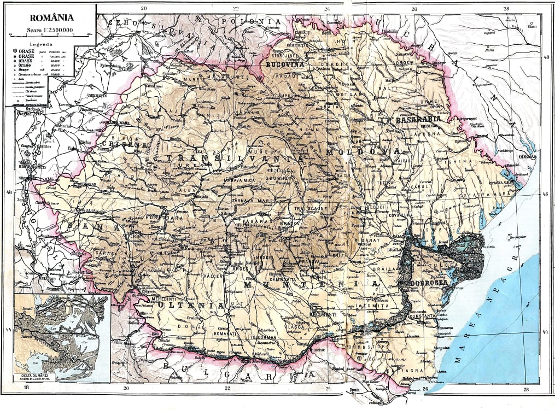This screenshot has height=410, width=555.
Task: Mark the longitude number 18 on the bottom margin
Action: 26,388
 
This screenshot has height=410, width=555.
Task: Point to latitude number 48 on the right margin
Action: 545,57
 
